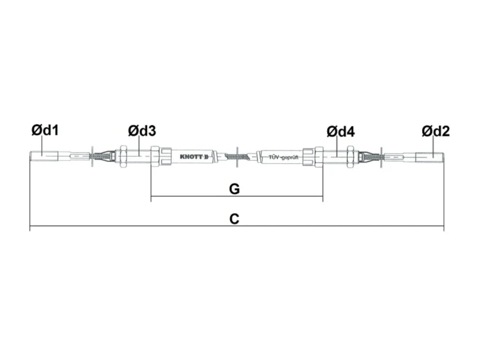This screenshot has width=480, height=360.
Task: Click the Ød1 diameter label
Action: [x=45, y=130]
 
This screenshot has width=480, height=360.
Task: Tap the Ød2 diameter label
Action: [x=436, y=131]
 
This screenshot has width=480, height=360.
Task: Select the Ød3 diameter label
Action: [x=142, y=131]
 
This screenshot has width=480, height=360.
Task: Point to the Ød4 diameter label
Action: [x=341, y=132]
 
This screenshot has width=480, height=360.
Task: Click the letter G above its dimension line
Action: [x=234, y=189]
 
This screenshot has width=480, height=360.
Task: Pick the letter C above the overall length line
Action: [x=234, y=219]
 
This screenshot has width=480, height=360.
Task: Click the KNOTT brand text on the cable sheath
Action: [x=194, y=157]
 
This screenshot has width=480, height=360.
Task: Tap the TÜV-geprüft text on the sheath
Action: [x=283, y=157]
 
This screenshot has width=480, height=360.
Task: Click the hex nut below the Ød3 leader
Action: [x=123, y=156]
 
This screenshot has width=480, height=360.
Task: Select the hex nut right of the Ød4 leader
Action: [x=350, y=157]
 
